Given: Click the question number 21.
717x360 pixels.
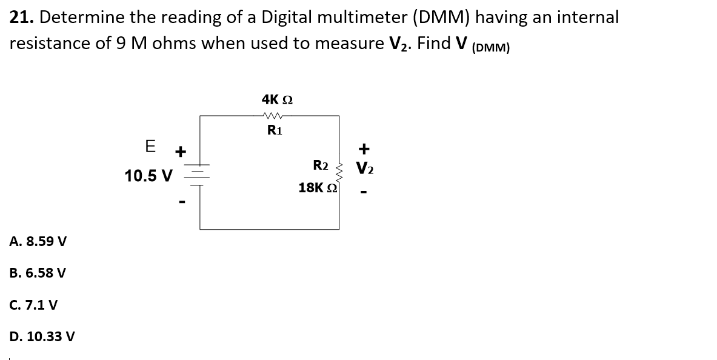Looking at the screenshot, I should tap(21, 18).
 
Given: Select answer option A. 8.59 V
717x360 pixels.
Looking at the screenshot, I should tap(38, 241).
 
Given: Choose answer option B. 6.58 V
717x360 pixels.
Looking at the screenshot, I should tap(38, 273).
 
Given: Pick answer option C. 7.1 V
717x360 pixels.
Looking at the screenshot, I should tap(34, 304).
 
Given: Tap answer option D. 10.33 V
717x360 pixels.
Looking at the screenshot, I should tap(42, 336).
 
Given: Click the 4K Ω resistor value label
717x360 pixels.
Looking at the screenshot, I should tap(277, 99).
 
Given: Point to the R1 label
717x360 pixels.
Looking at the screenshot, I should tap(276, 130).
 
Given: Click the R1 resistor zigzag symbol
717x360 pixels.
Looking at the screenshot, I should tap(277, 116).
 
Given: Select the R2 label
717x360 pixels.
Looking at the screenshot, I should tap(321, 165).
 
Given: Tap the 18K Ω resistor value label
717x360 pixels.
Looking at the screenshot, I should tap(317, 188).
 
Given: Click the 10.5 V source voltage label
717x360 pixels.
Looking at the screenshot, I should tap(148, 176).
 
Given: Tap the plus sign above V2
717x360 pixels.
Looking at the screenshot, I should tap(364, 148).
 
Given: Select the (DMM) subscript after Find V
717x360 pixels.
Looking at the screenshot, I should tap(489, 49).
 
